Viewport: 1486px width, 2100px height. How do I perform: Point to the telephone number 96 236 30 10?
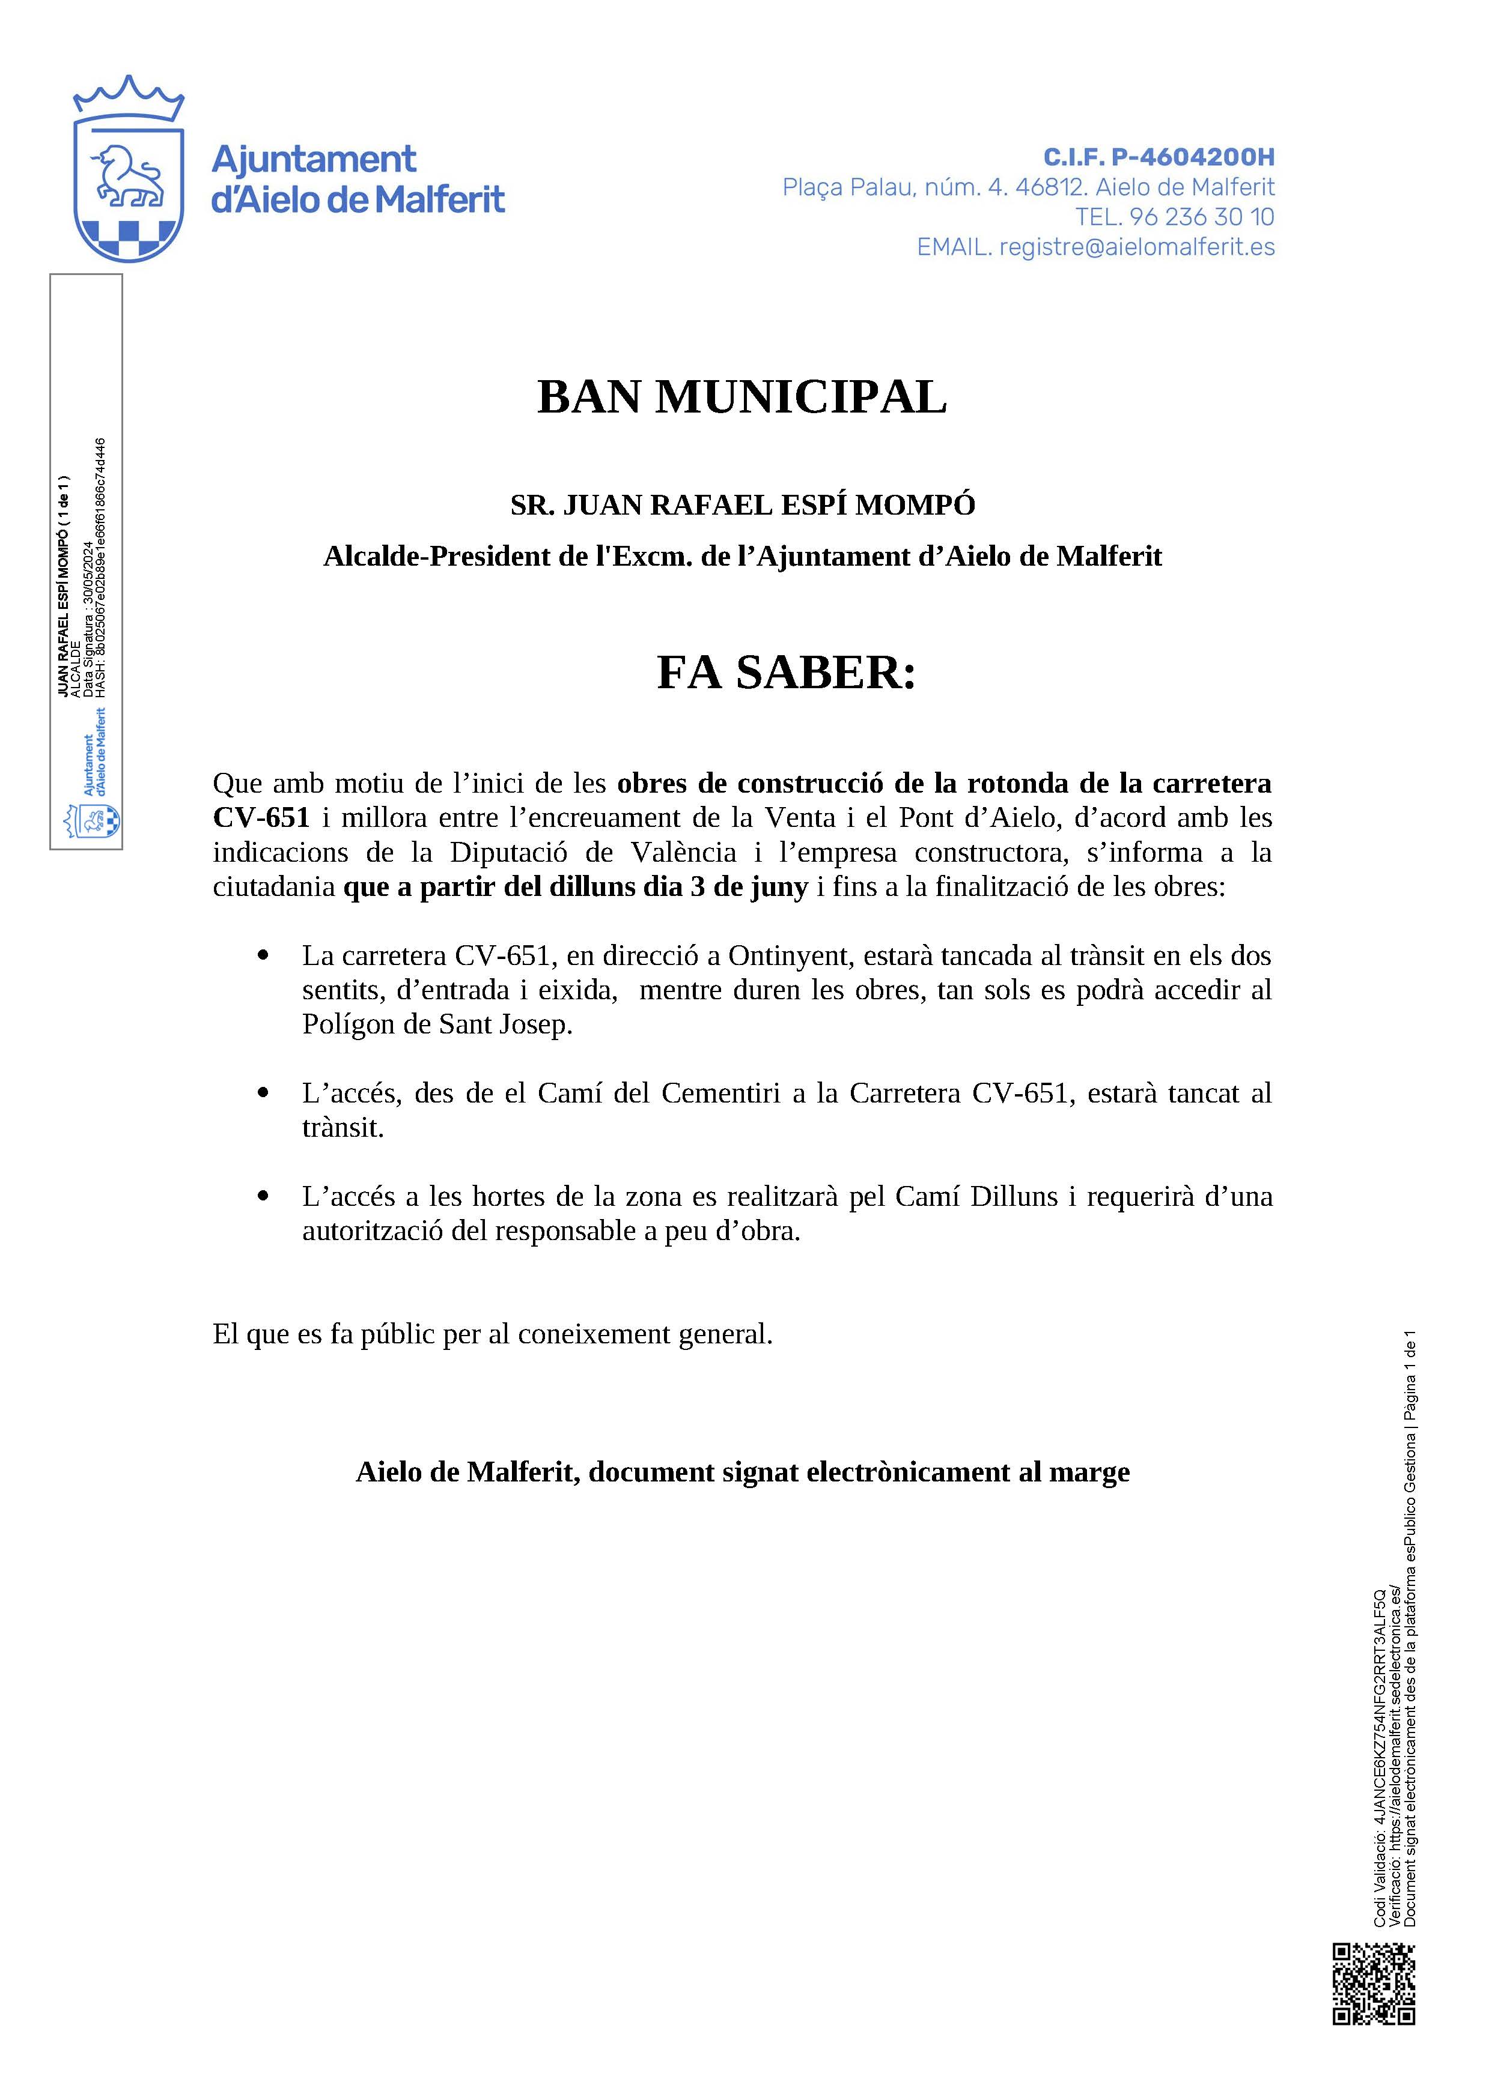click(1201, 217)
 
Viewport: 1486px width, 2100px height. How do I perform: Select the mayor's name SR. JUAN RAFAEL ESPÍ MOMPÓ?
click(742, 505)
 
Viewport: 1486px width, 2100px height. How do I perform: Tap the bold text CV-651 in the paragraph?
click(261, 818)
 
